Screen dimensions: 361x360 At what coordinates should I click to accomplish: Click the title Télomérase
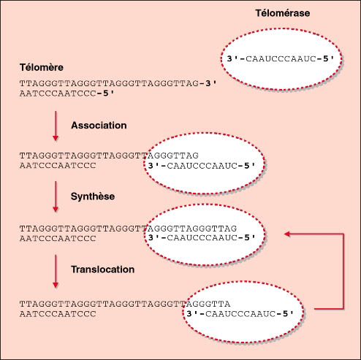[x=283, y=13]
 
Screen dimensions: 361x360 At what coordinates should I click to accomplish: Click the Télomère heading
[x=42, y=67]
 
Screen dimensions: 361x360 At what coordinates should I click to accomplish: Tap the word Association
[x=99, y=126]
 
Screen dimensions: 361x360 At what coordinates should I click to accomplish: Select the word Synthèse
[x=93, y=196]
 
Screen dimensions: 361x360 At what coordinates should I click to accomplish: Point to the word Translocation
[x=102, y=269]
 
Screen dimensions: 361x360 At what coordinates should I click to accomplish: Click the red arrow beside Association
[x=56, y=126]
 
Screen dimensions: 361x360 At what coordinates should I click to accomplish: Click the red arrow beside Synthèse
[x=56, y=196]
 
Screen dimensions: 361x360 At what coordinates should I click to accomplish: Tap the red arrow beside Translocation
[x=56, y=271]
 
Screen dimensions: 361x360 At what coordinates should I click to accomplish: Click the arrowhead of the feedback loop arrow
[x=287, y=234]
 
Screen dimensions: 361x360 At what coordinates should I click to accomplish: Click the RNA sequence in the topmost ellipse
[x=281, y=59]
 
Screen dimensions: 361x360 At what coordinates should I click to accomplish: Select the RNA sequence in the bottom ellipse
[x=240, y=314]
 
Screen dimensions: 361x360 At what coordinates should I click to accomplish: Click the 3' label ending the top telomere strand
[x=210, y=83]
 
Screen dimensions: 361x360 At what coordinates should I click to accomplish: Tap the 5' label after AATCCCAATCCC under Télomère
[x=108, y=93]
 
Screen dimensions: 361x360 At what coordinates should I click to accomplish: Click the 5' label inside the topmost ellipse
[x=328, y=58]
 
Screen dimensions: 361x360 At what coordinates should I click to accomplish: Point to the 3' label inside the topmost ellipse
[x=232, y=58]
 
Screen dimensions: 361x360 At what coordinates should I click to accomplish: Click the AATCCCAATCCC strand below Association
[x=58, y=166]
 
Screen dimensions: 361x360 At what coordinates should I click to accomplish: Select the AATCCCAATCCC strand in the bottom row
[x=58, y=314]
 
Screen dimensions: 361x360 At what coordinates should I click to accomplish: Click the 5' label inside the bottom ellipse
[x=288, y=314]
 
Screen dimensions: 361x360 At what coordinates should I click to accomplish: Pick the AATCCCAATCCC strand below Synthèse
[x=58, y=239]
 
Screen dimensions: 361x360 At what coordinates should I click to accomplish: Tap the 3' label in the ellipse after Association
[x=153, y=166]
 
